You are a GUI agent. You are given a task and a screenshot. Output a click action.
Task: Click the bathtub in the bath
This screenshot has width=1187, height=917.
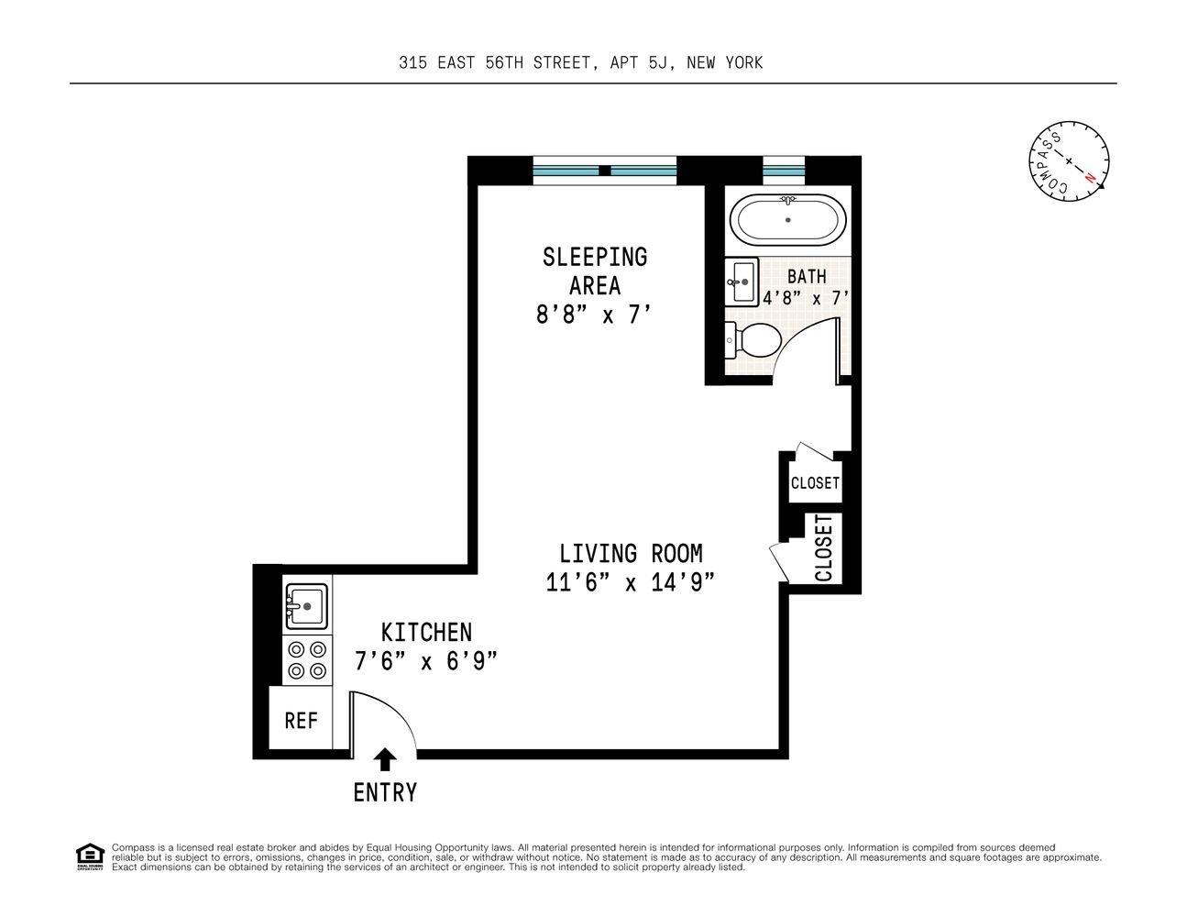click(x=787, y=220)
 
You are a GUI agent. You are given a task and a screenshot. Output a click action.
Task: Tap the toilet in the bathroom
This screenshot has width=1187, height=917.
click(x=753, y=340)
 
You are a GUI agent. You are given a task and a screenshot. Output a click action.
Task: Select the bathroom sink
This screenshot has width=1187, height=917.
click(x=742, y=282)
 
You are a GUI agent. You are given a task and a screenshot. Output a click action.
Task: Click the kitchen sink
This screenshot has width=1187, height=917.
click(x=307, y=606)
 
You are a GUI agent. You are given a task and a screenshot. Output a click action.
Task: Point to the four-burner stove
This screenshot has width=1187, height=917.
click(x=307, y=659)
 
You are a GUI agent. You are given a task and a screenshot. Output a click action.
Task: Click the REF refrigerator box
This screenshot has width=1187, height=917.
click(x=301, y=717)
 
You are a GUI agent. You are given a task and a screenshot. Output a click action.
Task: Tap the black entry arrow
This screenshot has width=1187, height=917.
click(x=385, y=759)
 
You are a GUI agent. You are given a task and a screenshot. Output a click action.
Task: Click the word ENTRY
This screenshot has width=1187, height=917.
click(x=385, y=792)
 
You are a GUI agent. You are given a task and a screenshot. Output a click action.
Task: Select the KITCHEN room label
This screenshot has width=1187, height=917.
click(x=426, y=633)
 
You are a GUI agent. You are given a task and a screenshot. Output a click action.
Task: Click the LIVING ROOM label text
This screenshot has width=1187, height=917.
click(x=631, y=554)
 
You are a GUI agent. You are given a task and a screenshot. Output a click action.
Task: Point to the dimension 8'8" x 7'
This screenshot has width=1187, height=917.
click(x=594, y=315)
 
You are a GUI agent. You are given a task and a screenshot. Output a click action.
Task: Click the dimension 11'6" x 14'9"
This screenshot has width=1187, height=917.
click(x=631, y=582)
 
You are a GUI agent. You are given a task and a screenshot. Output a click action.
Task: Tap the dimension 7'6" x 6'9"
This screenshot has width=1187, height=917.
click(x=426, y=661)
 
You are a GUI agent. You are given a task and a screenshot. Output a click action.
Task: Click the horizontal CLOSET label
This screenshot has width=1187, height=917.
click(x=815, y=483)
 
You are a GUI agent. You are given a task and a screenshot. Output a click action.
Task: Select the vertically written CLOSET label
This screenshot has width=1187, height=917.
click(x=823, y=548)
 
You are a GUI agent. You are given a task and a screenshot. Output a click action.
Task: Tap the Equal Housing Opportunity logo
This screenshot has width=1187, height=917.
click(x=90, y=856)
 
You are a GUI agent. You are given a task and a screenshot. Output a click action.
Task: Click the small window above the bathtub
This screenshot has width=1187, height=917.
click(x=784, y=171)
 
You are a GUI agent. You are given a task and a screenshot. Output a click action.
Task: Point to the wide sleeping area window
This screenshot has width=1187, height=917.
click(x=605, y=171)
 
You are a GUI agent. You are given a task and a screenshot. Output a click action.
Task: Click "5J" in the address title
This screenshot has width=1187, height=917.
click(x=660, y=63)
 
